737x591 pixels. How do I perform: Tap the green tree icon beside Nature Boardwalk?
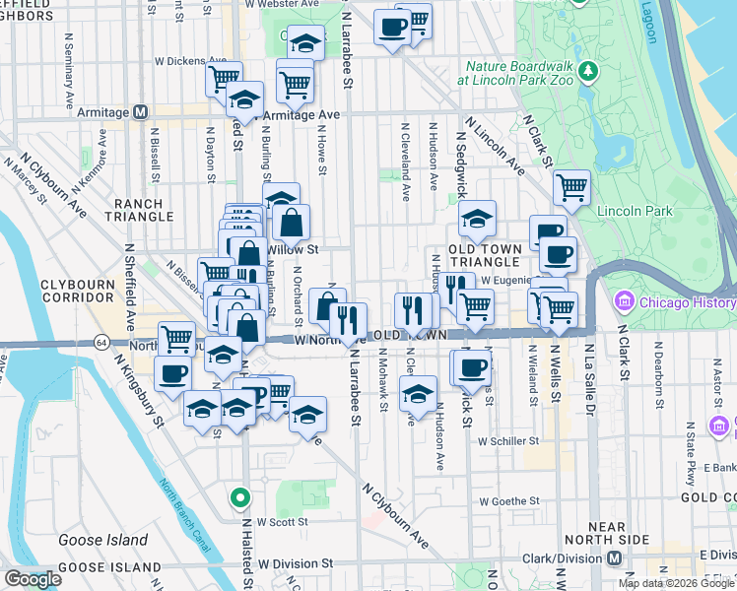click(589, 71)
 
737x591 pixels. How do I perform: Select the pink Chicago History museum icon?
click(623, 299)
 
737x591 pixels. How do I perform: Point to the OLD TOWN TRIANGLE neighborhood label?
click(484, 255)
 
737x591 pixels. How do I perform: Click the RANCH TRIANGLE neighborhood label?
click(144, 211)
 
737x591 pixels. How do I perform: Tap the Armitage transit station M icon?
click(140, 112)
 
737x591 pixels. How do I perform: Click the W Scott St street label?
click(283, 522)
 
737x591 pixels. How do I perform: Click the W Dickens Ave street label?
click(192, 60)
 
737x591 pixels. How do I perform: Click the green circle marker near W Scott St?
click(236, 497)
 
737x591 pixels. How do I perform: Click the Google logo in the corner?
click(33, 579)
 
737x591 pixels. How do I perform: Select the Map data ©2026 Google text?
click(675, 583)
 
